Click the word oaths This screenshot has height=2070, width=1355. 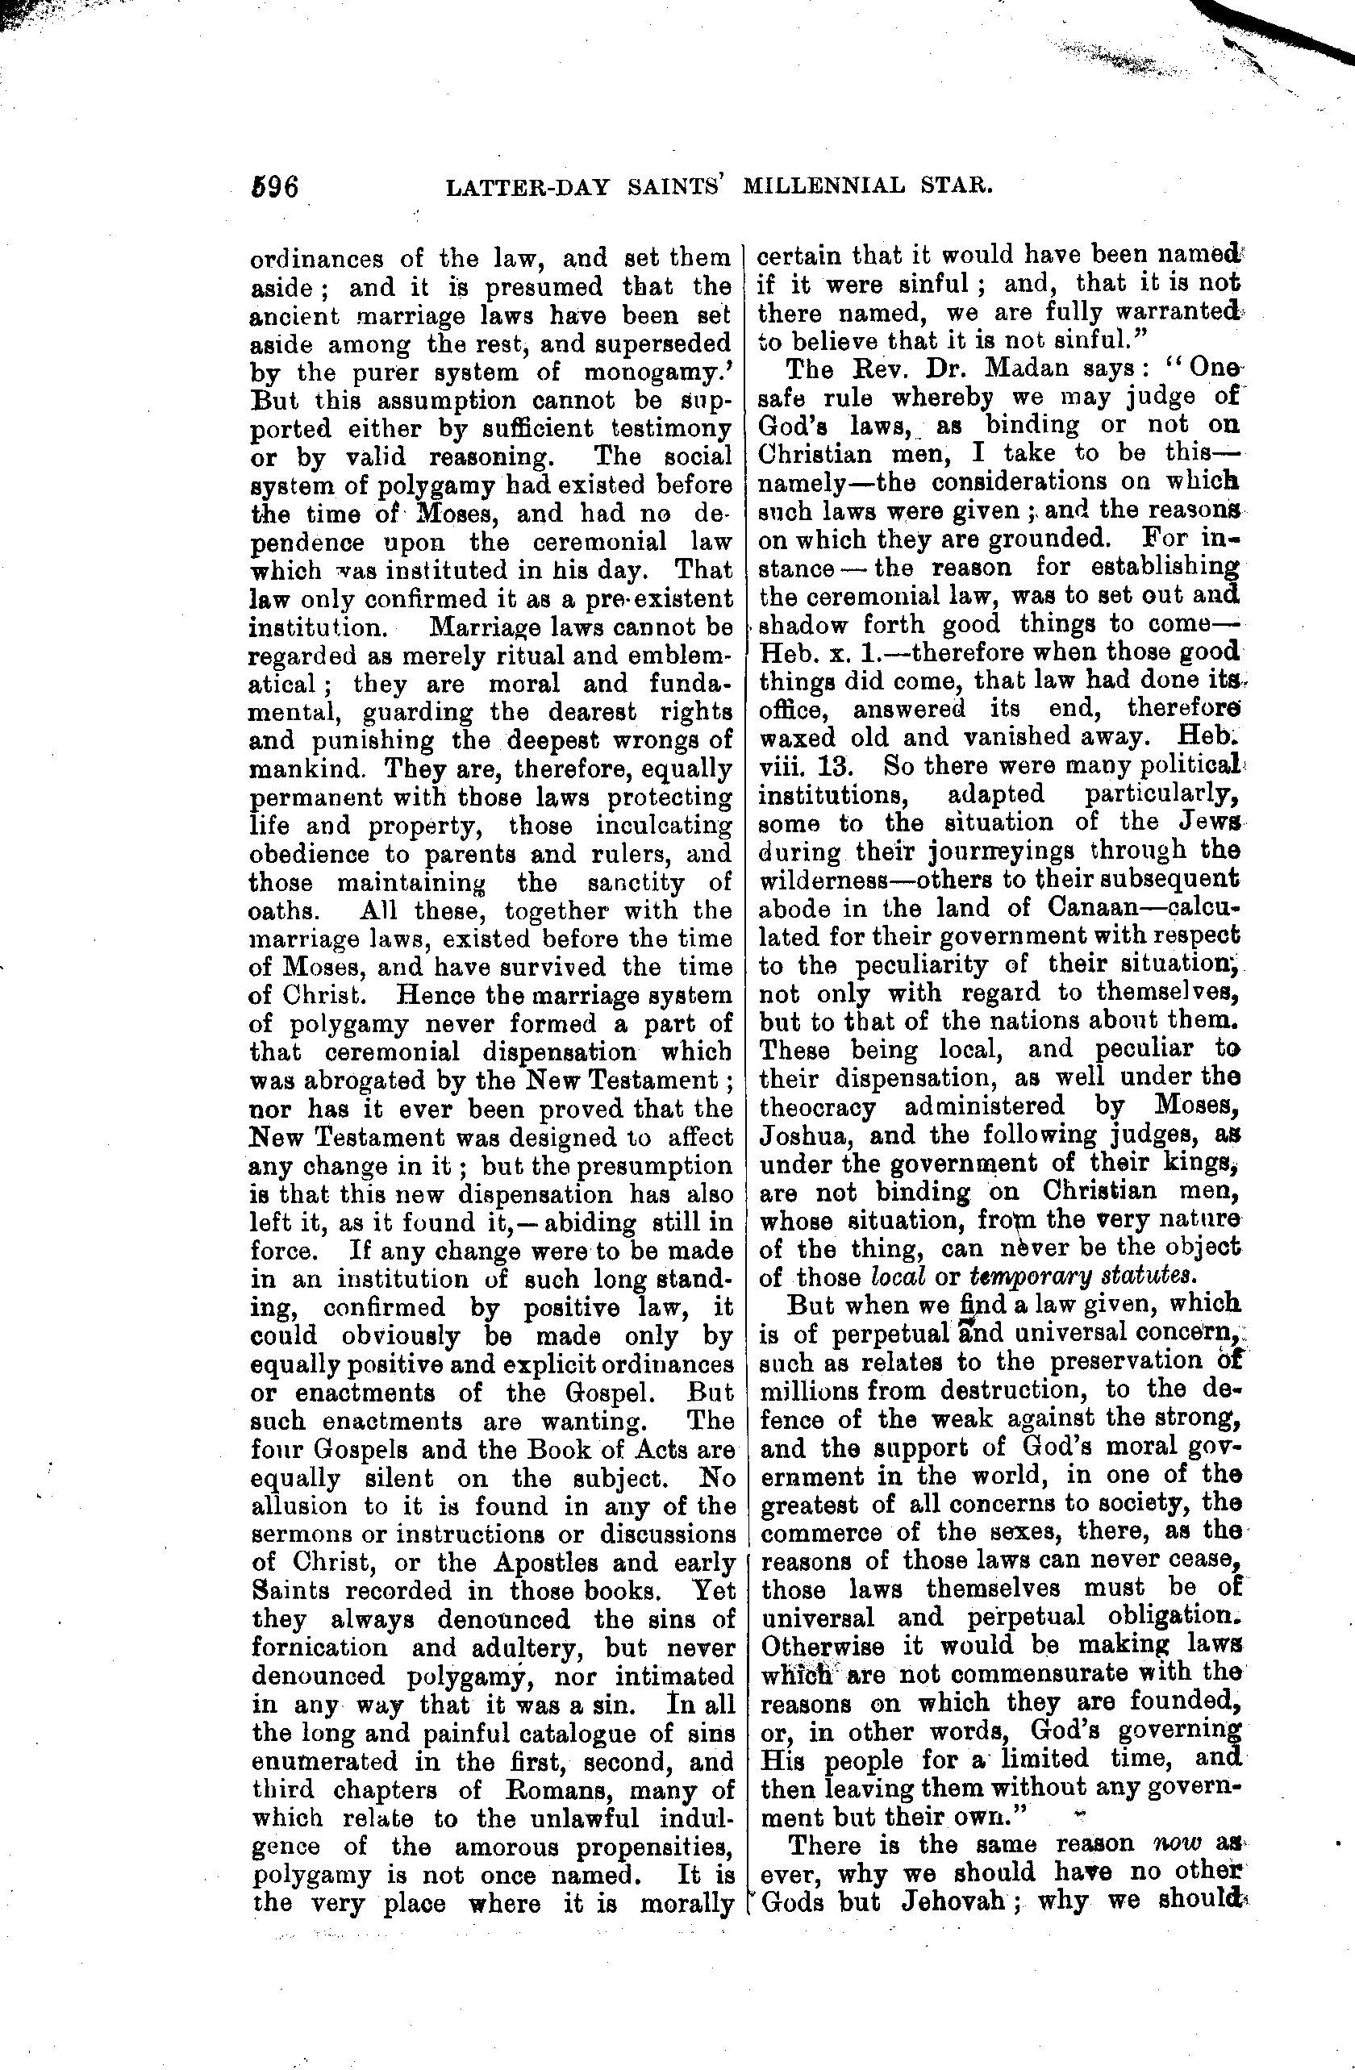(x=280, y=910)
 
